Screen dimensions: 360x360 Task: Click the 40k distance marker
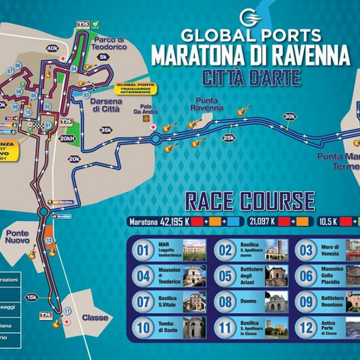coord(52,48)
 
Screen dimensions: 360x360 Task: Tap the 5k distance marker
coord(103,57)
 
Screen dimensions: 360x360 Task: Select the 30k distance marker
coord(289,116)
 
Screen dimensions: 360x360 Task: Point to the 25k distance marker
coord(229,138)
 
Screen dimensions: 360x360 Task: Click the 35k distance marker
coord(106,130)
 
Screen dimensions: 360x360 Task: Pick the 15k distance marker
coord(32,297)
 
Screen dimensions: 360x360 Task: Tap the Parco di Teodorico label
coord(108,43)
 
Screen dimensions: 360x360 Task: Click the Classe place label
coord(95,317)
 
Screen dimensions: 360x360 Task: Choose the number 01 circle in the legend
coord(143,250)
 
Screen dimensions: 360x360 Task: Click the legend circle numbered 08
coord(226,301)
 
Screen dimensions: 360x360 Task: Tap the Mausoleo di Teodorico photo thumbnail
coord(194,275)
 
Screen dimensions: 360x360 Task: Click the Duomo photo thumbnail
coord(276,301)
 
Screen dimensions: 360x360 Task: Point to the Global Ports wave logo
coord(250,18)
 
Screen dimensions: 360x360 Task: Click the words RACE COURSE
coord(250,201)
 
